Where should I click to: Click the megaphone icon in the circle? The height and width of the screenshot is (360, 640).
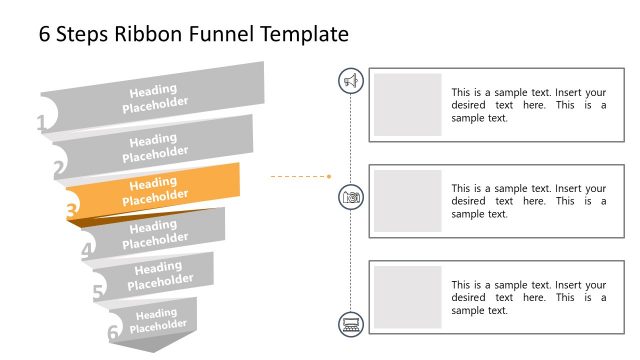pyautogui.click(x=351, y=81)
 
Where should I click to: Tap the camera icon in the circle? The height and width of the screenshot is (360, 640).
pyautogui.click(x=351, y=197)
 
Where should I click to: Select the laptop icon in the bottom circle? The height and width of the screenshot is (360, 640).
pyautogui.click(x=351, y=322)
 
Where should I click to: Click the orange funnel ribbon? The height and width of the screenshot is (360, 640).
pyautogui.click(x=154, y=189)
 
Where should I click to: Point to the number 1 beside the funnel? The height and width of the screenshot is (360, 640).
pyautogui.click(x=41, y=124)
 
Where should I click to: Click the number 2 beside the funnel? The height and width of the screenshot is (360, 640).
pyautogui.click(x=59, y=169)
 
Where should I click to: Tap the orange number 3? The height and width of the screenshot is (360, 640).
pyautogui.click(x=71, y=211)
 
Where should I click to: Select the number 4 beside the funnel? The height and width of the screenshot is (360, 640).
pyautogui.click(x=87, y=251)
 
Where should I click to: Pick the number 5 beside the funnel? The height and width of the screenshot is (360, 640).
pyautogui.click(x=98, y=292)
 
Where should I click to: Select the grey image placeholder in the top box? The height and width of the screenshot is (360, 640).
pyautogui.click(x=408, y=104)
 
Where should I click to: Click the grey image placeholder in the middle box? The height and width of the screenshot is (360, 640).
pyautogui.click(x=408, y=200)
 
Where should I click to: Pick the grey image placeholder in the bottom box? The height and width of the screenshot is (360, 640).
pyautogui.click(x=408, y=297)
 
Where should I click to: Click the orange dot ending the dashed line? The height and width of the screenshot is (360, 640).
pyautogui.click(x=329, y=176)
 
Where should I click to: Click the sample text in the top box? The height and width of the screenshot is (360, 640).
pyautogui.click(x=528, y=104)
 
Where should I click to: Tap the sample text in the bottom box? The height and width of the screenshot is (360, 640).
pyautogui.click(x=528, y=297)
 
